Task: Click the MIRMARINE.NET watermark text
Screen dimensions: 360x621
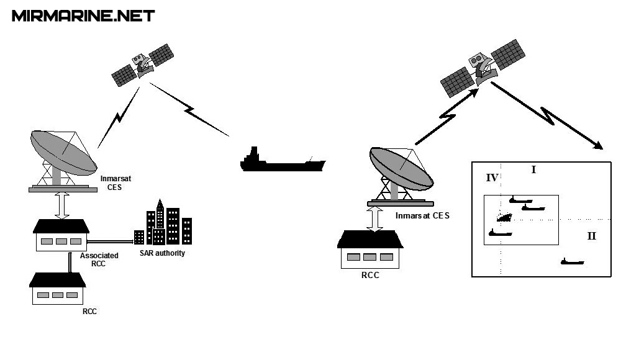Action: pos(83,16)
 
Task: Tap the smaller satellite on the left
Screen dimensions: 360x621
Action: pos(143,65)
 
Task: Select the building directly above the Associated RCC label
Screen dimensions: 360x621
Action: pos(61,236)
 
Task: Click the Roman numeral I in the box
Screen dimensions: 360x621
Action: pos(533,169)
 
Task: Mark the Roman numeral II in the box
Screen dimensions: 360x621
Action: pos(591,236)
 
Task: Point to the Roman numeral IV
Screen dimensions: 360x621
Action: pos(492,178)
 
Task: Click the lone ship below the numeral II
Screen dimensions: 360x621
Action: pos(572,262)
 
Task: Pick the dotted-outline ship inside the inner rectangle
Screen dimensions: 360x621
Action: pos(504,217)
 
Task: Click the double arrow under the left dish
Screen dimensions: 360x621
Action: pos(61,205)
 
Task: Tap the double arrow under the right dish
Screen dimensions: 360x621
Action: pos(374,218)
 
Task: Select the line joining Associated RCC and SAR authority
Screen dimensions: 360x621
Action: pos(112,240)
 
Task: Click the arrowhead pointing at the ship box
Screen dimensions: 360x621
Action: pos(599,146)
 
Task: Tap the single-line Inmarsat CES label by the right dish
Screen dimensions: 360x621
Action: pos(422,216)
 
